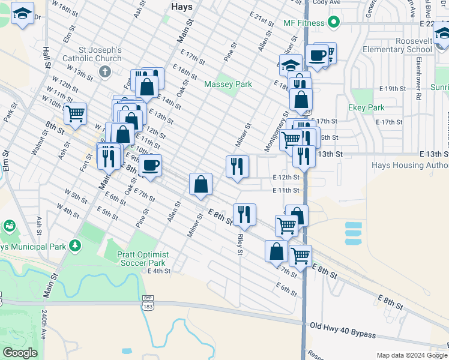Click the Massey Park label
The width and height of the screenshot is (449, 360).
(x=228, y=85)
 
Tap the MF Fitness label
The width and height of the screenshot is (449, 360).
(x=304, y=23)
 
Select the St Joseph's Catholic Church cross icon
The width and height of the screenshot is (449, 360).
(x=105, y=73)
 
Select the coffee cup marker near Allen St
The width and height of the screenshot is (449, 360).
(x=150, y=164)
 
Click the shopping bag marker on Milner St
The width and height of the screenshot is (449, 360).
(x=200, y=184)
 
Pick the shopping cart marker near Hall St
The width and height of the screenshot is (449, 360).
(x=75, y=113)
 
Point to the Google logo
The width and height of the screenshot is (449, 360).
(x=20, y=353)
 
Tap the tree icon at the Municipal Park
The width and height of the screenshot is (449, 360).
(x=74, y=245)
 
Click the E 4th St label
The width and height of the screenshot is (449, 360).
(x=159, y=271)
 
